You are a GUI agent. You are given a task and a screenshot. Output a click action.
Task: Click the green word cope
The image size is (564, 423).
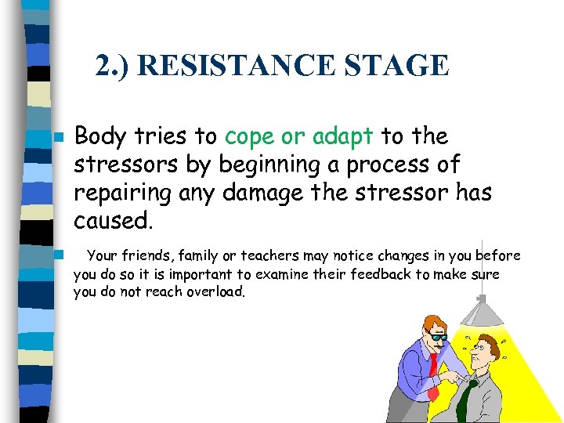point(249,137)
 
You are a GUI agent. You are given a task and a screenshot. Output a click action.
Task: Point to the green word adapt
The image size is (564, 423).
point(342,137)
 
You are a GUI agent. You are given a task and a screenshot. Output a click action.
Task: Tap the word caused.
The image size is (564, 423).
point(112,221)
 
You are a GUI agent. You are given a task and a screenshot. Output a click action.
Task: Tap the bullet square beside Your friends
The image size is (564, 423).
point(56,255)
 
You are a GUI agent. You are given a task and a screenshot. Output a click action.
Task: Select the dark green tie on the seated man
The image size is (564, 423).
point(465,396)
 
